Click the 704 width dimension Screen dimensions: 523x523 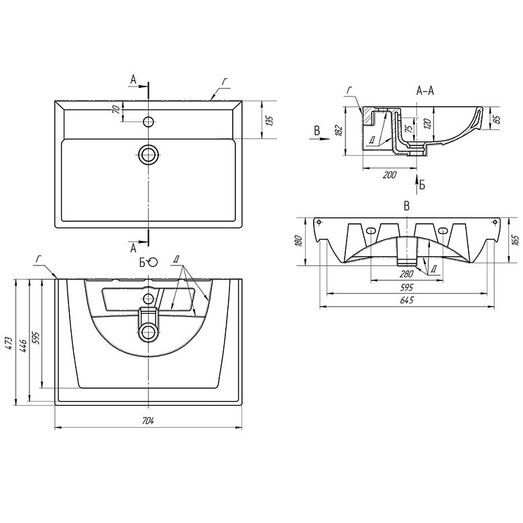pyautogui.click(x=148, y=421)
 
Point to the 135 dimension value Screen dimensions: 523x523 pyautogui.click(x=270, y=121)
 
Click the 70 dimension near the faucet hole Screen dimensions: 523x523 pyautogui.click(x=116, y=109)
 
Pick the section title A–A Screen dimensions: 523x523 pyautogui.click(x=425, y=91)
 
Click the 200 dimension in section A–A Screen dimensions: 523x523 pyautogui.click(x=390, y=174)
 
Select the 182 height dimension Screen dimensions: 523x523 pyautogui.click(x=339, y=131)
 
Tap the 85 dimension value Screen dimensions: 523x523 pyautogui.click(x=496, y=119)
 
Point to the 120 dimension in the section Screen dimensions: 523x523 pyautogui.click(x=428, y=123)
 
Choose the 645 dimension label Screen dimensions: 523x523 pyautogui.click(x=406, y=300)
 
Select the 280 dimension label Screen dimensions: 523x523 pyautogui.click(x=406, y=274)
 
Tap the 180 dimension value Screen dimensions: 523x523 pyautogui.click(x=299, y=241)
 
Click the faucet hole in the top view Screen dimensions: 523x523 pyautogui.click(x=148, y=121)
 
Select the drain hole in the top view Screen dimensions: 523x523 pyautogui.click(x=148, y=155)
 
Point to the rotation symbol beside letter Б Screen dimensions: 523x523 pyautogui.click(x=153, y=262)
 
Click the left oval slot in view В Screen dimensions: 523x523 pyautogui.click(x=371, y=231)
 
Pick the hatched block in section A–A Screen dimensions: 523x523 pyautogui.click(x=369, y=116)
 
